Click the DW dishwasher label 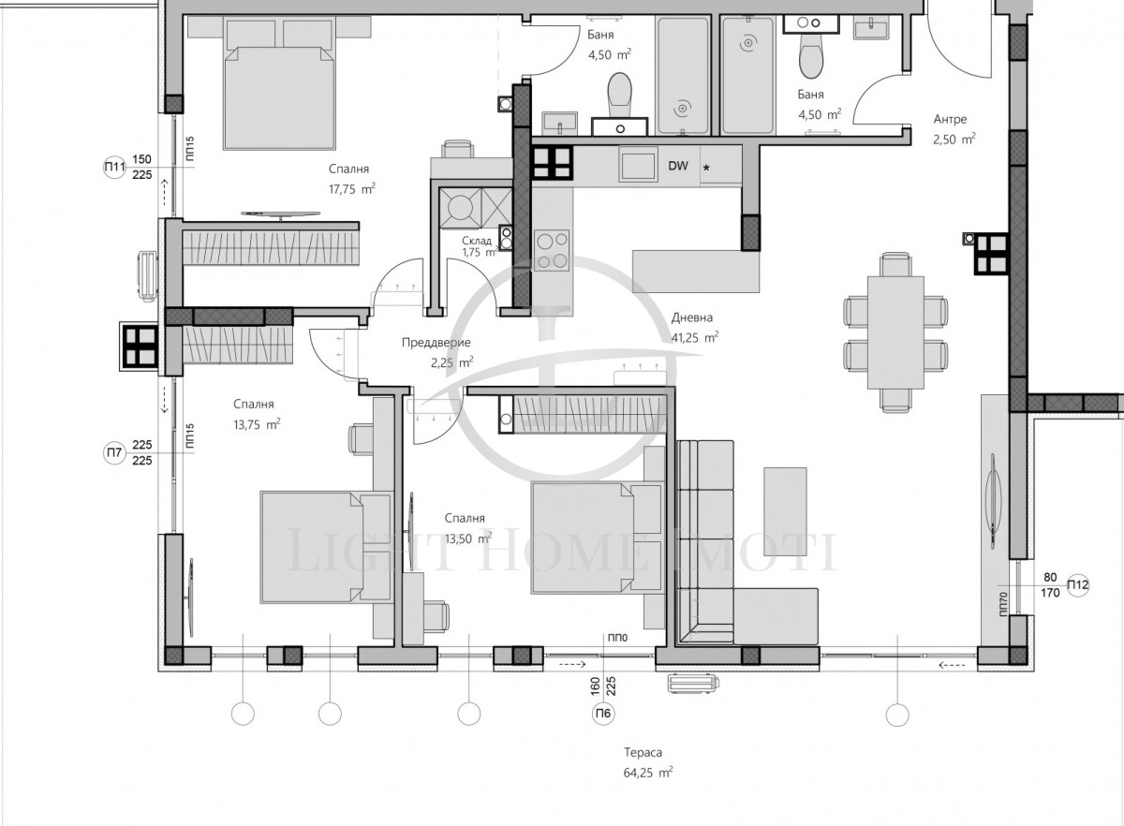[x=678, y=166]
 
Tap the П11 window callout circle [x=114, y=167]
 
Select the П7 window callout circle [x=114, y=452]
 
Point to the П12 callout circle [x=1078, y=584]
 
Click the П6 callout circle [x=603, y=713]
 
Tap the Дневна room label [x=692, y=317]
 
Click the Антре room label [x=950, y=120]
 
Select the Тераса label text [x=643, y=752]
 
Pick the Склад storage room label [x=477, y=241]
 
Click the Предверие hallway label [x=436, y=343]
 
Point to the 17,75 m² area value [x=352, y=188]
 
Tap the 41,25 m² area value [x=695, y=337]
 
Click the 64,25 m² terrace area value [x=648, y=773]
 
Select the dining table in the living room [x=895, y=332]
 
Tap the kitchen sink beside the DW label [x=638, y=164]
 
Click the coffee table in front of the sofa [x=785, y=512]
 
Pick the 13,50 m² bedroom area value [x=467, y=538]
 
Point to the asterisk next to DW [x=706, y=169]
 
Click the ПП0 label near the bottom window [x=617, y=638]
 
